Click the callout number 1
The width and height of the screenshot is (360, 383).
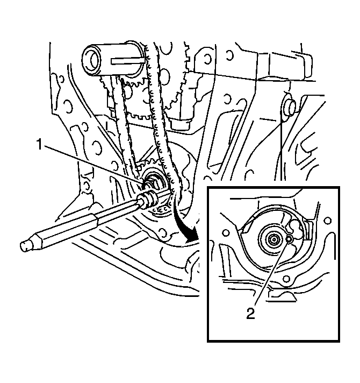40,145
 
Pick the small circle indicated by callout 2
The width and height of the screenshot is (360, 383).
289,240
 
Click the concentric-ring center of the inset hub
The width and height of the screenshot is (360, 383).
274,239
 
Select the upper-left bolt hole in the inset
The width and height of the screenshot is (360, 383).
226,233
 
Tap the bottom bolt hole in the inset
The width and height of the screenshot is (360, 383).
286,279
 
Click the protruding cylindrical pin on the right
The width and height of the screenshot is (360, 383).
290,107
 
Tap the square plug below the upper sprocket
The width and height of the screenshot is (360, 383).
180,124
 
